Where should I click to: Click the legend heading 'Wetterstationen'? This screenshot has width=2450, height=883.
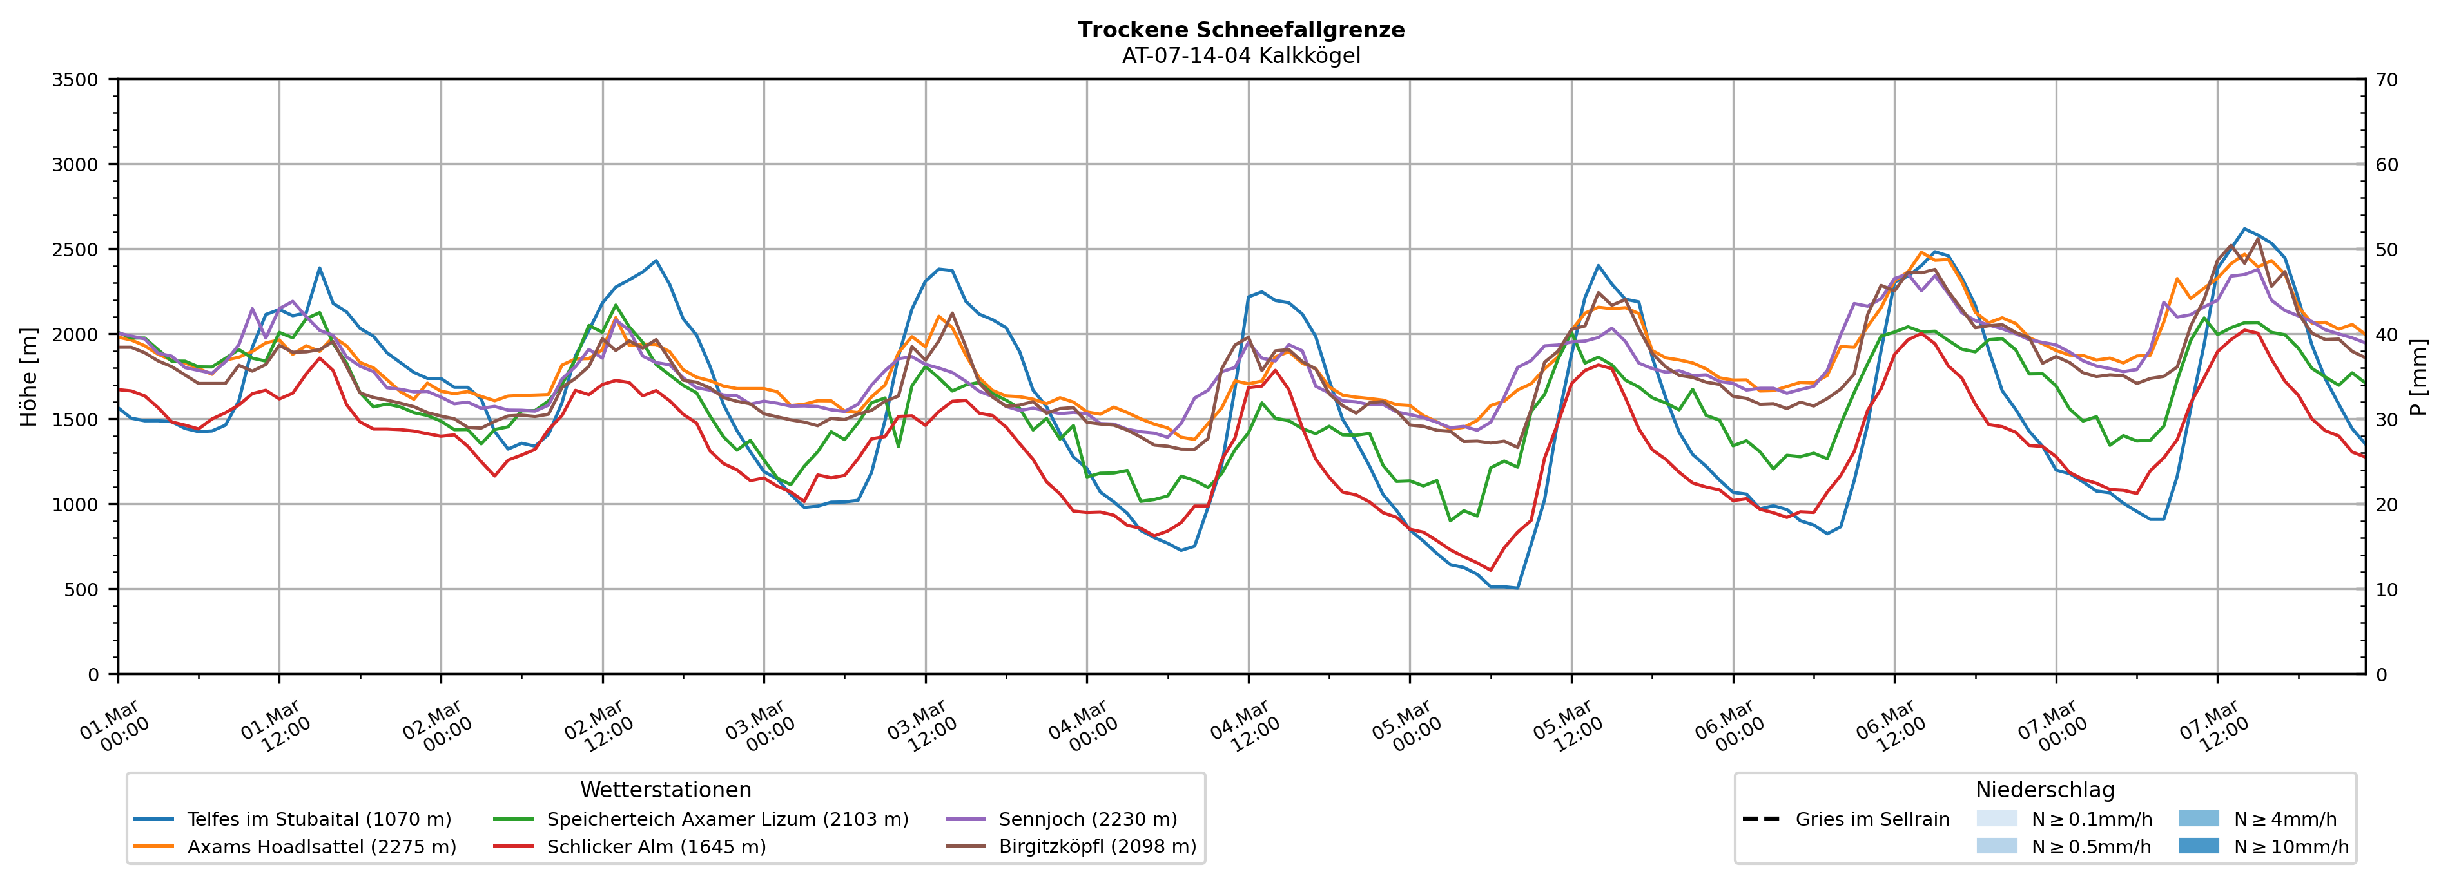click(666, 790)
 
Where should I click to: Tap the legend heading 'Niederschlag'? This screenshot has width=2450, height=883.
click(2045, 790)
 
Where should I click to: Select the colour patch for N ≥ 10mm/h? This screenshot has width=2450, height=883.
click(2198, 846)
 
